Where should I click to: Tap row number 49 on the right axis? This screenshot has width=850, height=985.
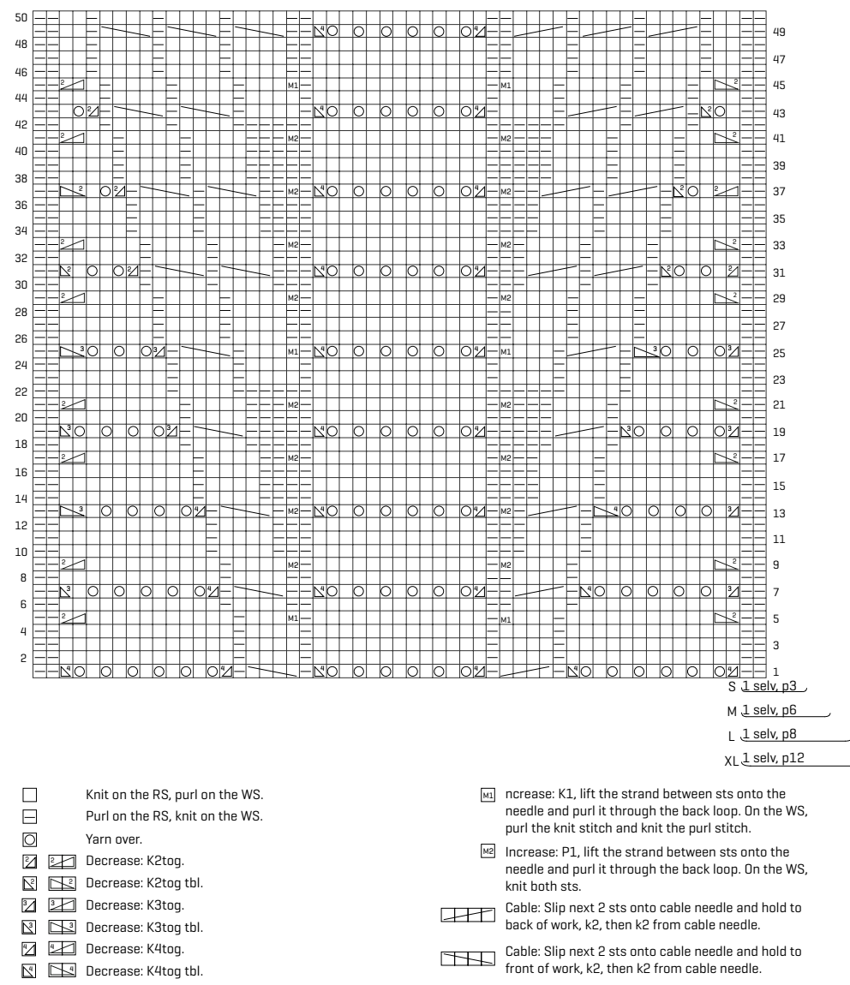[x=779, y=32]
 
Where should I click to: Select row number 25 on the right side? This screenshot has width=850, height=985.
[x=779, y=352]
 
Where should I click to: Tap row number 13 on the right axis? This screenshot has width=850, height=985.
[x=779, y=513]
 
